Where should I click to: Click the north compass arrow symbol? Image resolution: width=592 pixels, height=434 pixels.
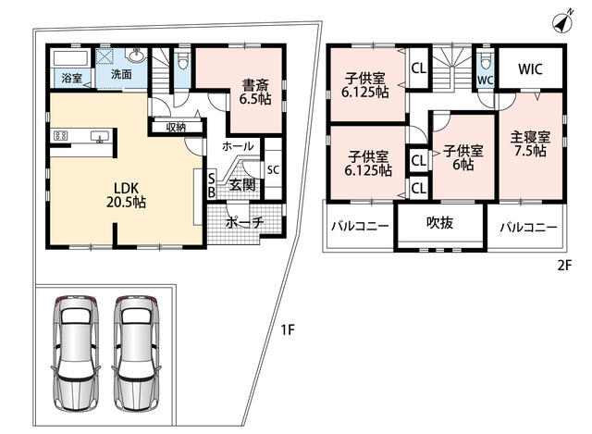click(562, 22)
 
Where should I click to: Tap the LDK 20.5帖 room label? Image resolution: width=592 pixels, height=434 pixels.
click(126, 195)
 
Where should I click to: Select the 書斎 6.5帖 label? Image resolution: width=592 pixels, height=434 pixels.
click(255, 92)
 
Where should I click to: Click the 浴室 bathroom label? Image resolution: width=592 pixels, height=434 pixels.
click(72, 78)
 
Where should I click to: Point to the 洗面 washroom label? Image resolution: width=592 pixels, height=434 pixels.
click(121, 74)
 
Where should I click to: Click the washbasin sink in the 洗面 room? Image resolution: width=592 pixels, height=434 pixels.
click(137, 56)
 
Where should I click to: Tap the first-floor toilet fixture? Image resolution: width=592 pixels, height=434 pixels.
click(183, 59)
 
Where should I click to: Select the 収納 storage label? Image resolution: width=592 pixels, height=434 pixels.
click(176, 128)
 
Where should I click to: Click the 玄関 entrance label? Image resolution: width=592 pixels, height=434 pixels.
click(242, 185)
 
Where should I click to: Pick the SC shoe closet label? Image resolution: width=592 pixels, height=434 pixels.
click(273, 170)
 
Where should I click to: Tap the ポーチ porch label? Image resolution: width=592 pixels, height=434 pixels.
click(244, 222)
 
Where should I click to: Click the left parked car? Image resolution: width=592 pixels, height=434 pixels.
click(76, 353)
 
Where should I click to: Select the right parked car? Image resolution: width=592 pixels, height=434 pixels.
click(138, 353)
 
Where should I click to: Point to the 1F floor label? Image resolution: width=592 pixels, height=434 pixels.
click(287, 329)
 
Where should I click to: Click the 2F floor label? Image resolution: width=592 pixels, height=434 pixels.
click(564, 266)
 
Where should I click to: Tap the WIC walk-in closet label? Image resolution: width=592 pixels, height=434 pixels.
click(530, 69)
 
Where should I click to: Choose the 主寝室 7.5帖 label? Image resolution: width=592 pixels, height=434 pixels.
click(530, 144)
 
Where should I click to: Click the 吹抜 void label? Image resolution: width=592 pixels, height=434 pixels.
click(439, 222)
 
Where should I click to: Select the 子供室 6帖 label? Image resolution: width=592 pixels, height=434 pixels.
click(462, 157)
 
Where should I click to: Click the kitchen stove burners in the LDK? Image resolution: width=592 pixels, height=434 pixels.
click(60, 135)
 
